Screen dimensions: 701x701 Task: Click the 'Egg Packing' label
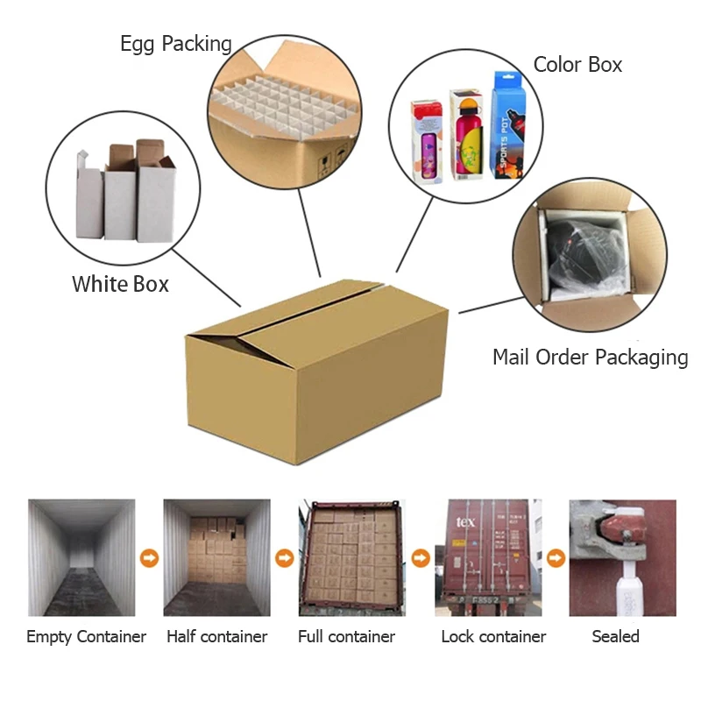(176, 44)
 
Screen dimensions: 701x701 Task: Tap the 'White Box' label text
(120, 284)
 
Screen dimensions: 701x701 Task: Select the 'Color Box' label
(577, 65)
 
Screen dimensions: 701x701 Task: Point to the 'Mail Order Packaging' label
(590, 358)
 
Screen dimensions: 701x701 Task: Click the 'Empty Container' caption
(86, 637)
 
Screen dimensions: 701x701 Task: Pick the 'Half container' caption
(216, 637)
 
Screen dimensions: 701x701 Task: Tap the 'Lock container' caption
(493, 637)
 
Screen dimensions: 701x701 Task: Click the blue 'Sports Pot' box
(513, 124)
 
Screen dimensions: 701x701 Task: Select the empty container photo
(81, 557)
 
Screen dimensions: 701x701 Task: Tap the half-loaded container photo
(216, 557)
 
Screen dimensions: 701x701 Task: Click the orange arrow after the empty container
(149, 558)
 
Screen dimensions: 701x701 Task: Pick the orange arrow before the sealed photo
(556, 558)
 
